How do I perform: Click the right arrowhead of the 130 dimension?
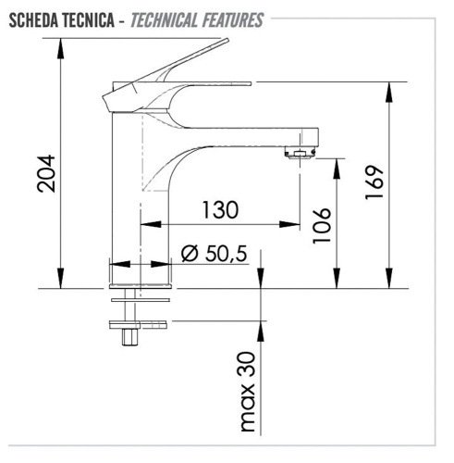pyautogui.click(x=295, y=224)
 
